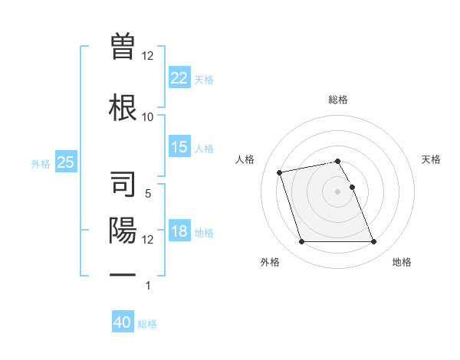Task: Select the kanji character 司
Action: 123,184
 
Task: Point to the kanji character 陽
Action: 123,230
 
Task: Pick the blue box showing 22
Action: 179,77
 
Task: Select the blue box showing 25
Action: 65,162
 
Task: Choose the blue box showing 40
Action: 122,322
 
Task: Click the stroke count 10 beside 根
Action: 148,116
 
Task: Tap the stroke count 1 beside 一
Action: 148,286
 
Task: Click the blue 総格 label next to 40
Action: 148,324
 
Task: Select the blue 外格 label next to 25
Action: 41,163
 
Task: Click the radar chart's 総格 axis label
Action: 338,100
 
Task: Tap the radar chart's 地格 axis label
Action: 402,262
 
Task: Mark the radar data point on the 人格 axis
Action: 280,172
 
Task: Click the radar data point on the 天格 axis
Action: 353,187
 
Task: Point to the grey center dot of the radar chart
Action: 338,191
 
